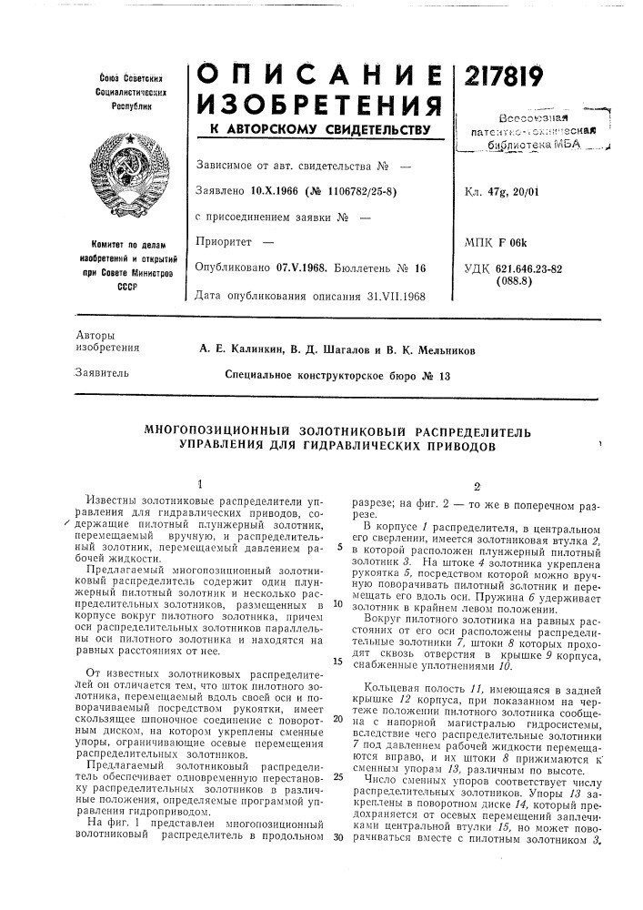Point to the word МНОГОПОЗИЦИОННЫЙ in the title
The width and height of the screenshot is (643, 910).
(216, 430)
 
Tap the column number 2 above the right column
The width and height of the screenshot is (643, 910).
(464, 485)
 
